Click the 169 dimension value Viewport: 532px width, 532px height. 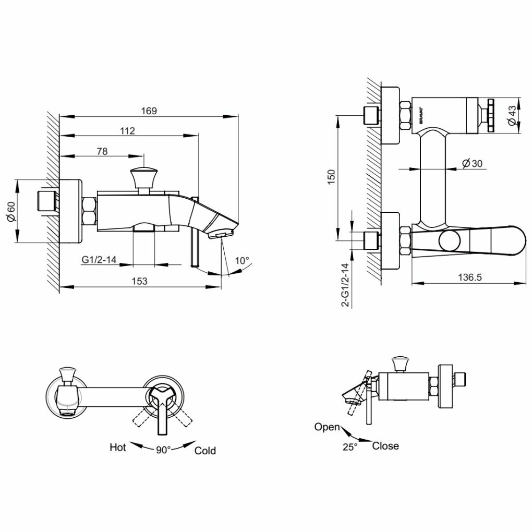click(x=149, y=111)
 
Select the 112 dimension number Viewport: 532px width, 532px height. click(x=127, y=131)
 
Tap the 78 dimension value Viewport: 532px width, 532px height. click(x=102, y=151)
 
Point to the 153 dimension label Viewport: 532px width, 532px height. click(x=139, y=281)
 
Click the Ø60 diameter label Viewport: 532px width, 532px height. click(x=9, y=211)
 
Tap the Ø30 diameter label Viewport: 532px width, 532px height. click(x=472, y=163)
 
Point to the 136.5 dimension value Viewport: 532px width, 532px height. click(x=470, y=277)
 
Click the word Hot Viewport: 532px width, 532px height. click(x=118, y=447)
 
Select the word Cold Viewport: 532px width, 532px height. click(x=205, y=451)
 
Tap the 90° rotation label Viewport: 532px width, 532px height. click(x=163, y=450)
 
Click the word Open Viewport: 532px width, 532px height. click(x=327, y=427)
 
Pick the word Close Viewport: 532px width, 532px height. click(x=385, y=446)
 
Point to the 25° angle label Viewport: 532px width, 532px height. click(x=350, y=447)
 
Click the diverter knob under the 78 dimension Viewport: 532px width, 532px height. click(x=143, y=177)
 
